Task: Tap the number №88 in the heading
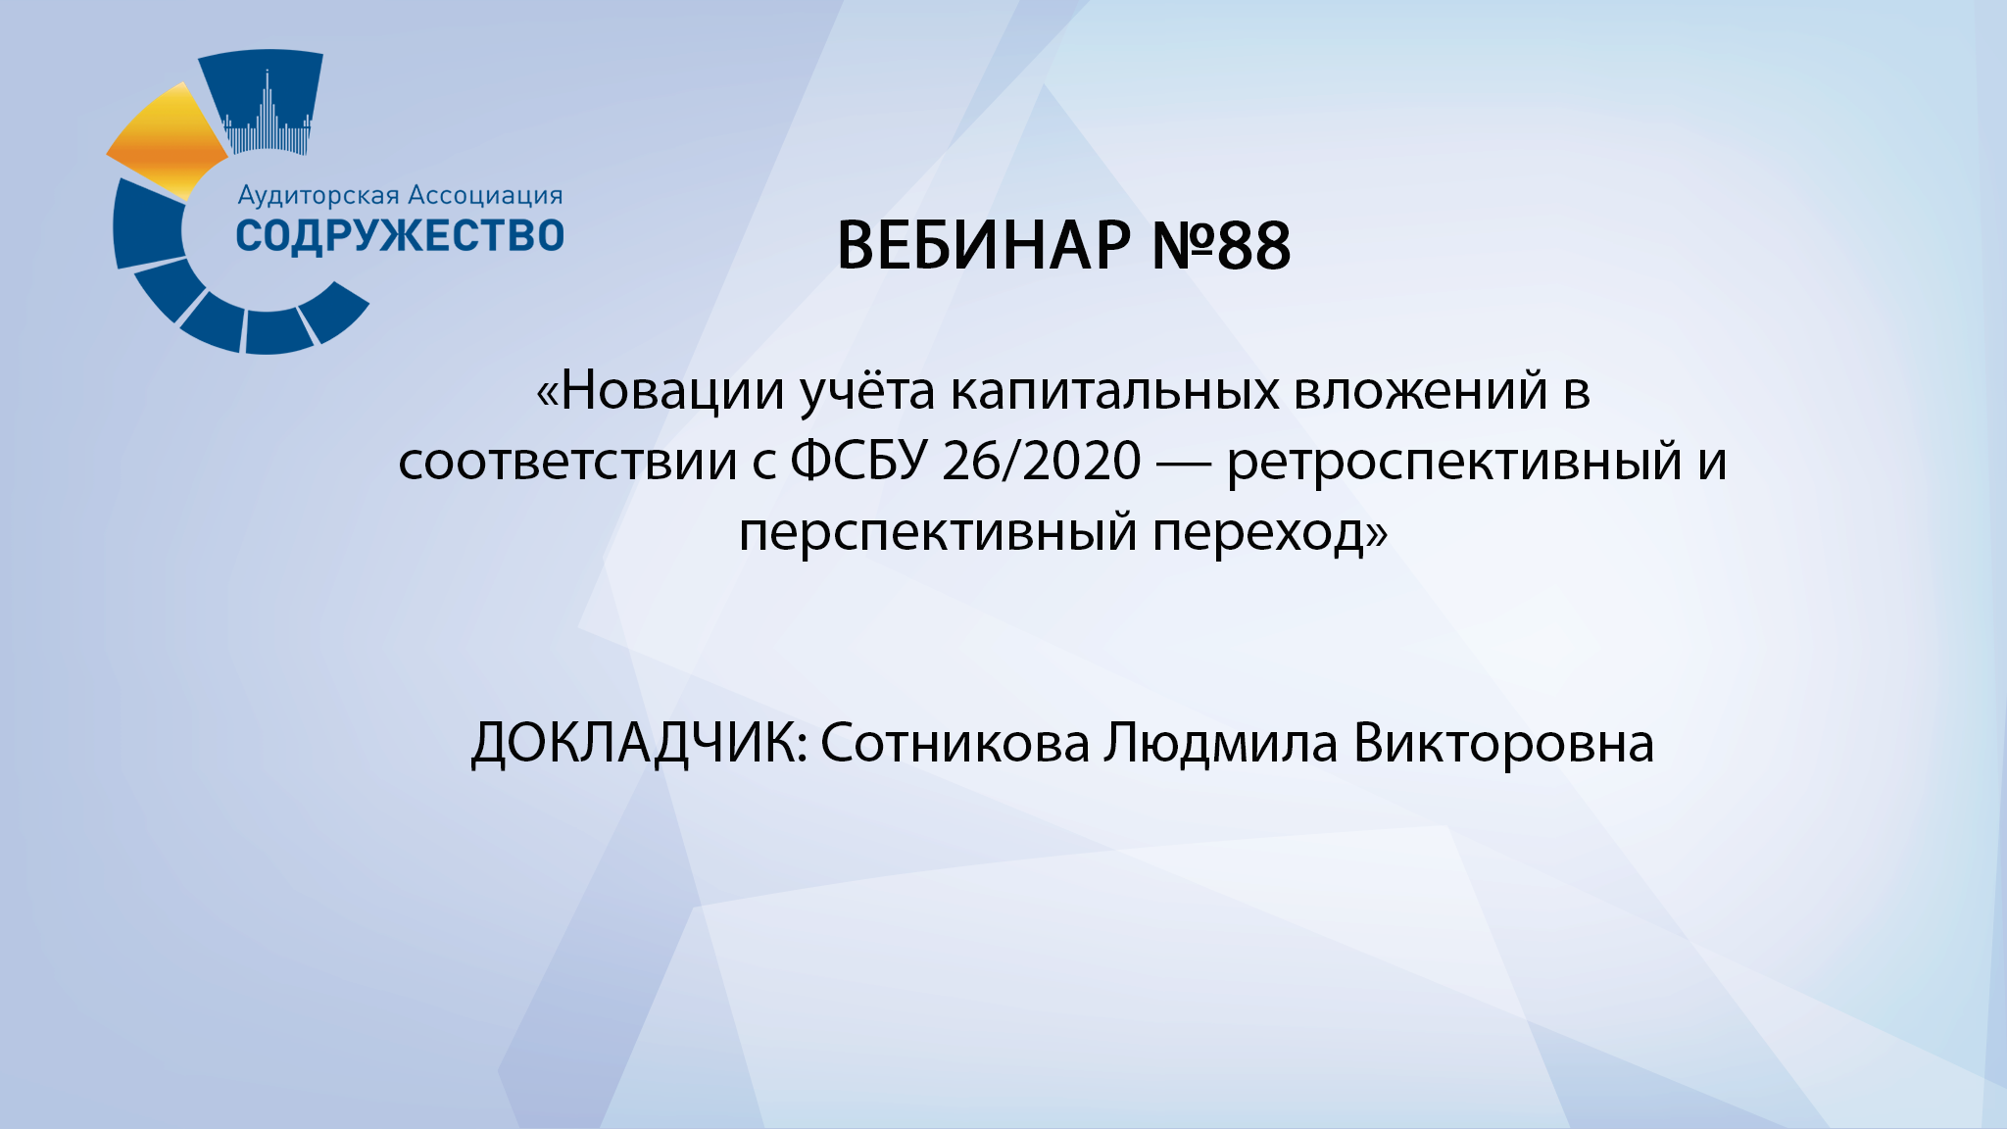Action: tap(1221, 245)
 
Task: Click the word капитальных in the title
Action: tap(1114, 390)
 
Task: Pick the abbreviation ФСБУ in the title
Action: tap(858, 461)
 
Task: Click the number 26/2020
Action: tap(1042, 461)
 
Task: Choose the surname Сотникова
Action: tap(955, 743)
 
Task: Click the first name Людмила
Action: tap(1220, 743)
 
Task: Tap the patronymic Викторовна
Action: tap(1503, 743)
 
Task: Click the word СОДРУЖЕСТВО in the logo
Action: tap(400, 236)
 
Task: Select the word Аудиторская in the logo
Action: tap(318, 196)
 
